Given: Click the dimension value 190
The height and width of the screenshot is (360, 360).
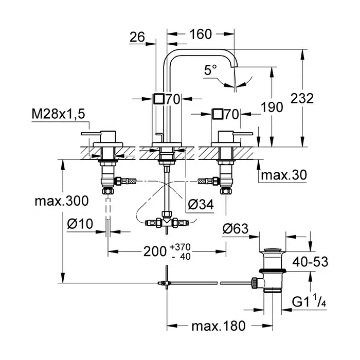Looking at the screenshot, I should click(272, 107).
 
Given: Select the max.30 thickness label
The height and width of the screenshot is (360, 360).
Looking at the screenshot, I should click(283, 175).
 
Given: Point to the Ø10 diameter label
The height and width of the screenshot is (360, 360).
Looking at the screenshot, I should click(80, 224).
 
